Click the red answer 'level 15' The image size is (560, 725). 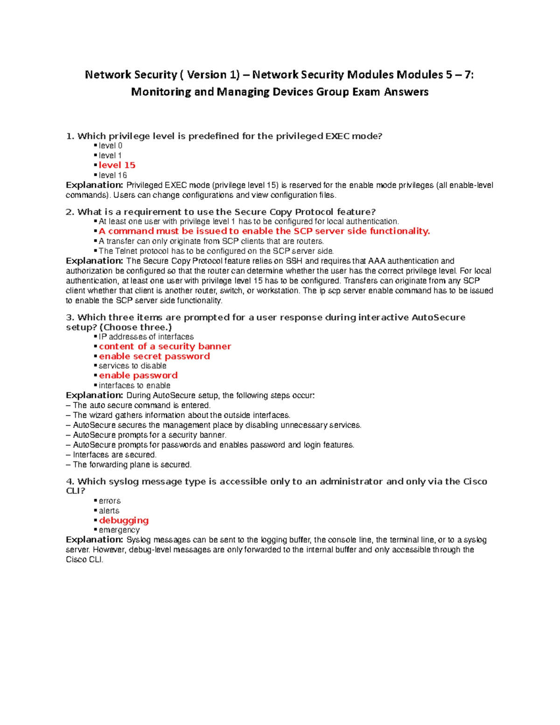click(x=117, y=165)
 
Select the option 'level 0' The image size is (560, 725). click(x=110, y=146)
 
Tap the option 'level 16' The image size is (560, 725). click(x=112, y=175)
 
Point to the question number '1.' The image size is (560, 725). click(x=70, y=136)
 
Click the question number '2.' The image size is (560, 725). click(x=70, y=212)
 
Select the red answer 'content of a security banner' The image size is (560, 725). click(x=165, y=346)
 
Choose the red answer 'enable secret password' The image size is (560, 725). click(x=154, y=356)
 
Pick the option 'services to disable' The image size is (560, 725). click(x=132, y=366)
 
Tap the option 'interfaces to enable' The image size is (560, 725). click(x=134, y=386)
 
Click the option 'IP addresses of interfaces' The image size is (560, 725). click(x=146, y=337)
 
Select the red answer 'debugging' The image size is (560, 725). click(x=124, y=521)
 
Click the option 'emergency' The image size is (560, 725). click(x=119, y=530)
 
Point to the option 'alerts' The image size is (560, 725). click(x=109, y=511)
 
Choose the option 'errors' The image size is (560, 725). click(x=110, y=501)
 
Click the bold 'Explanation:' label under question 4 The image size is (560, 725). click(x=94, y=540)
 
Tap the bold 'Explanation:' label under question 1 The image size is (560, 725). click(x=94, y=185)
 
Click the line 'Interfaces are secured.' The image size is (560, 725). click(x=114, y=455)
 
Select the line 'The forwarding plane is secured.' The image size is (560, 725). click(x=132, y=465)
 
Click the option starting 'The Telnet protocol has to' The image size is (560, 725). click(x=216, y=251)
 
